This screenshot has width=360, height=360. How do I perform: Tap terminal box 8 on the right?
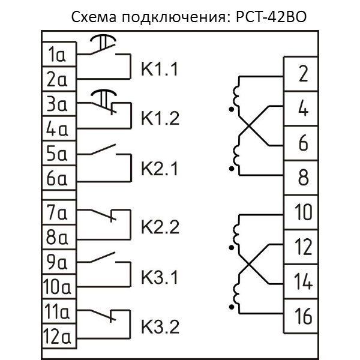[x=302, y=178]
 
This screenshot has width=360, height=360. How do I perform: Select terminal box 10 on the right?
[x=302, y=212]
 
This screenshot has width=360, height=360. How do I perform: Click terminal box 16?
[x=304, y=316]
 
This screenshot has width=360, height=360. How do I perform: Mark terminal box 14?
[x=304, y=281]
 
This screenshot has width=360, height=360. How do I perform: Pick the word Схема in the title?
[x=92, y=16]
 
